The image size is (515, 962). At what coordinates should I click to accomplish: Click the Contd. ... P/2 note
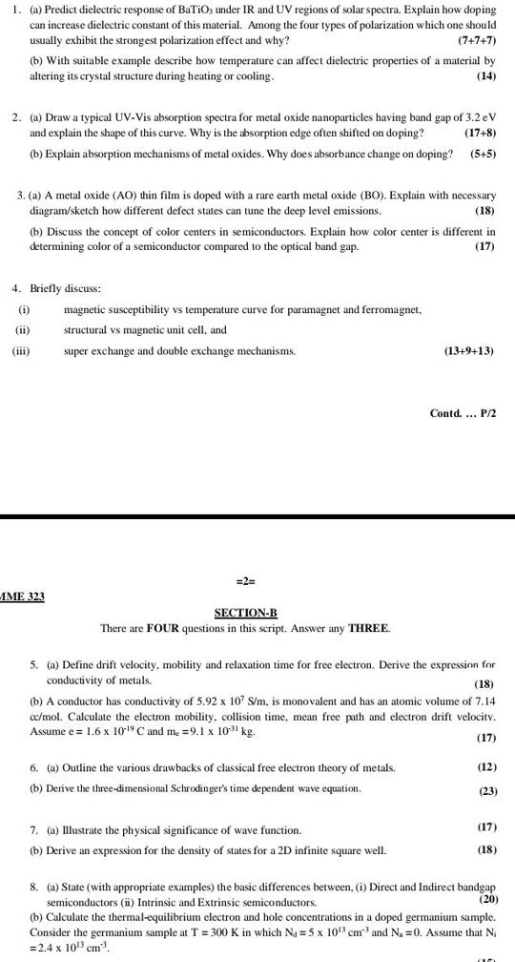pyautogui.click(x=463, y=412)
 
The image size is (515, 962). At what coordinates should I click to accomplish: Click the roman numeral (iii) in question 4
pyautogui.click(x=21, y=351)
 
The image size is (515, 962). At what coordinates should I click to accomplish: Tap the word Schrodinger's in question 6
pyautogui.click(x=213, y=788)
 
